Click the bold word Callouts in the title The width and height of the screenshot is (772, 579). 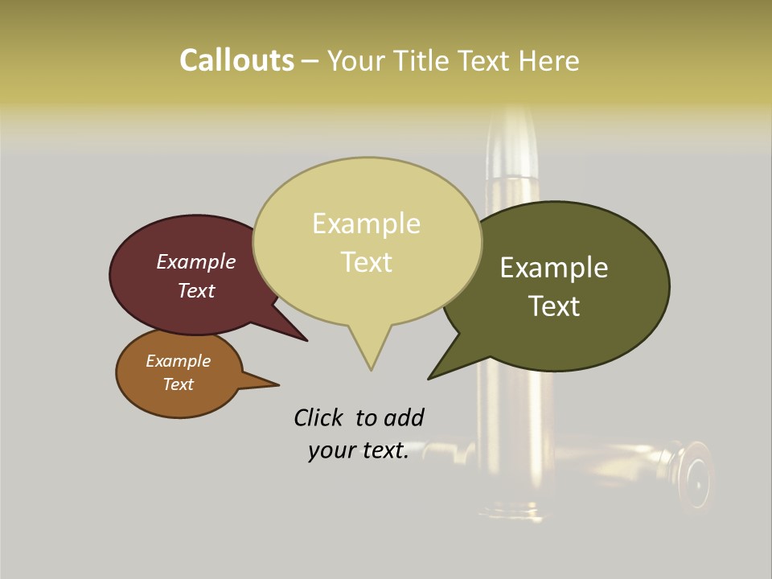coord(236,60)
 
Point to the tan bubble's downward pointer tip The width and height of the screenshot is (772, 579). coord(371,369)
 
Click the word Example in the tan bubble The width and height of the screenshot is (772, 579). coord(366,224)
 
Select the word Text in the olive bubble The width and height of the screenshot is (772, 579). coord(554,306)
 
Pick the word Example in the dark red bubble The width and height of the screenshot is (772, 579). coord(196,261)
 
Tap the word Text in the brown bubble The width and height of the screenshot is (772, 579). coord(178,384)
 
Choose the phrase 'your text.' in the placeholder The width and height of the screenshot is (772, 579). coord(358,451)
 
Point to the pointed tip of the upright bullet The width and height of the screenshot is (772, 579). coord(513,113)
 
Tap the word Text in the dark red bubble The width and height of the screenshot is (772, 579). coord(196,290)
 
